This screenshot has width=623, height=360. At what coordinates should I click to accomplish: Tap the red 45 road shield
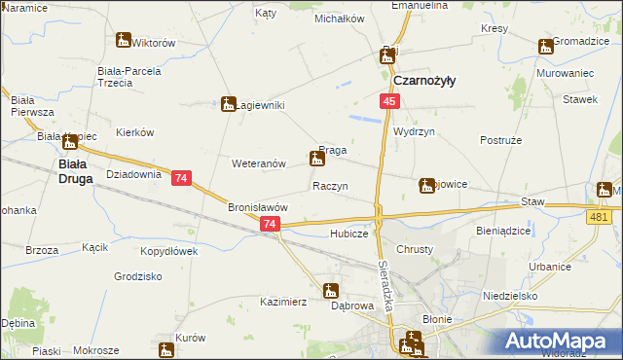(x=388, y=102)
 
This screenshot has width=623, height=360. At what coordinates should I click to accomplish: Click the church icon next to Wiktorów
(x=123, y=41)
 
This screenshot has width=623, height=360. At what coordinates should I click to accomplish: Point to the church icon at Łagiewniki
(x=229, y=103)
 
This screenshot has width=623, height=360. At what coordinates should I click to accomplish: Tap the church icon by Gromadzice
(x=544, y=45)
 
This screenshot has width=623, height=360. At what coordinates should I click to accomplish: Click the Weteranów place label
(x=258, y=163)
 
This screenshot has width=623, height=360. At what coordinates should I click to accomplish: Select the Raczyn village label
(x=330, y=185)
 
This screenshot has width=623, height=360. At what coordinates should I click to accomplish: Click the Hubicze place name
(x=348, y=234)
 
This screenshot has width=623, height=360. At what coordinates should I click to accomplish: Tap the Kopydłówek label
(x=169, y=251)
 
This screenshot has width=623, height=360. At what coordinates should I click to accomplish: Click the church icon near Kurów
(x=165, y=349)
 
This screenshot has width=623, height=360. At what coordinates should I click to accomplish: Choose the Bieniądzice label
(x=504, y=233)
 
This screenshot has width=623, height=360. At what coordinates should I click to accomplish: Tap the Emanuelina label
(x=419, y=6)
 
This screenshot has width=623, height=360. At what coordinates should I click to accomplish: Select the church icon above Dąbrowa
(x=331, y=290)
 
